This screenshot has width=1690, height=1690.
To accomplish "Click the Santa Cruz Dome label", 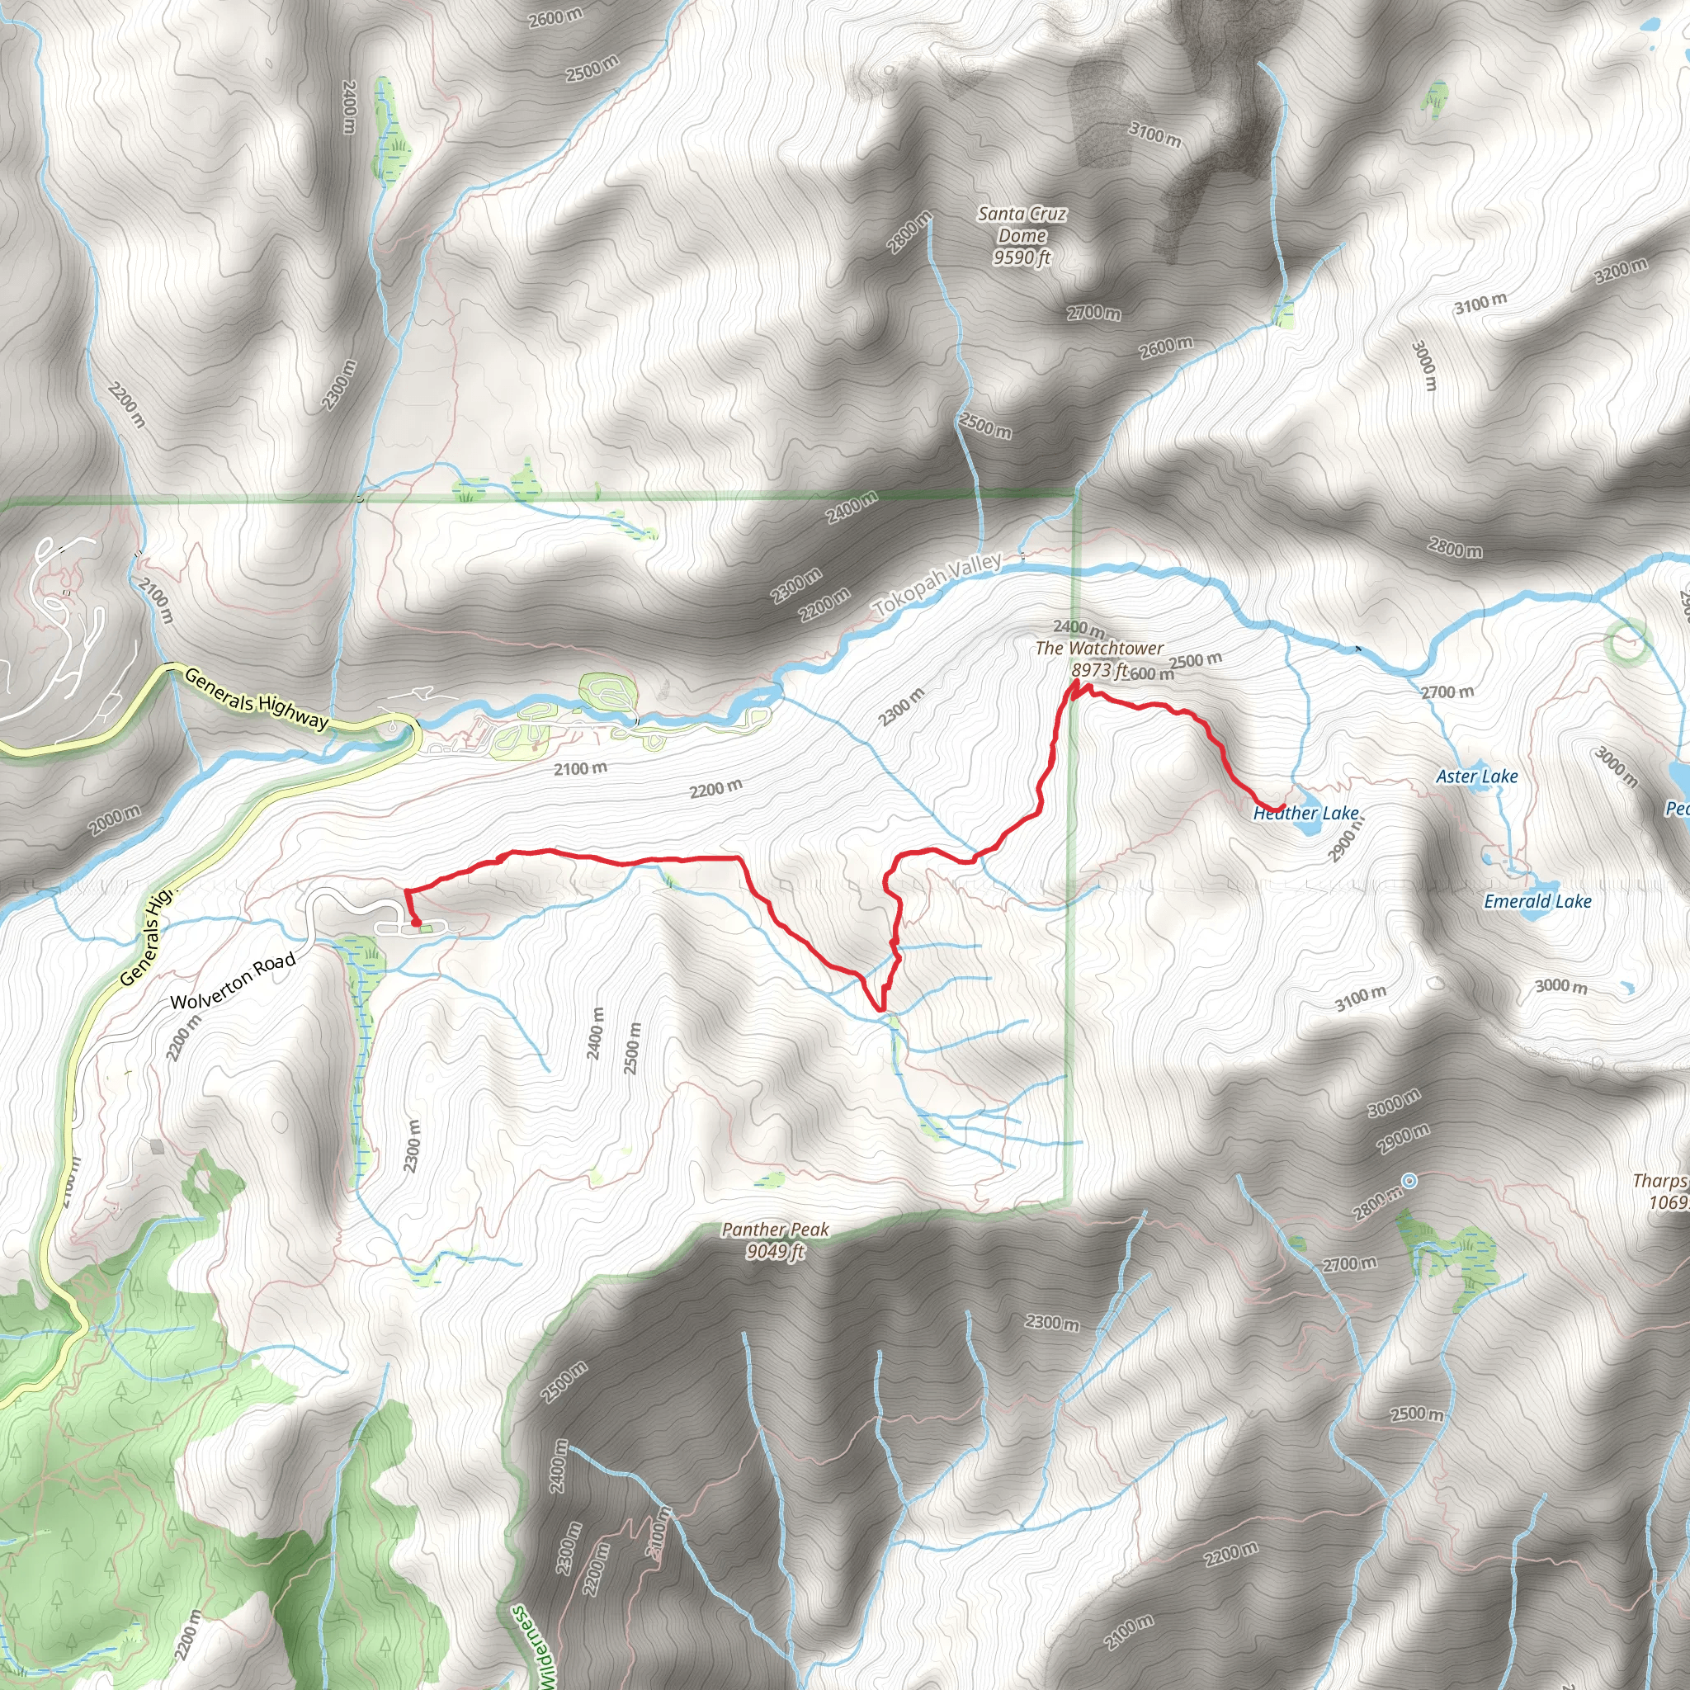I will (1022, 224).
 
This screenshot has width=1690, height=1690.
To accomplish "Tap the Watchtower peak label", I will (1099, 648).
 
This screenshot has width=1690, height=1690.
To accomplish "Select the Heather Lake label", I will (1306, 814).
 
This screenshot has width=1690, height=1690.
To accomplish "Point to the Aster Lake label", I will (1476, 776).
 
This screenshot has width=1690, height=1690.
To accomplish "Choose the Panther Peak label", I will (775, 1230).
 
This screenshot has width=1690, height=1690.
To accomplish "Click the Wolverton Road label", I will (233, 980).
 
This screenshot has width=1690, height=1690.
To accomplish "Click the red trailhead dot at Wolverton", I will (416, 922).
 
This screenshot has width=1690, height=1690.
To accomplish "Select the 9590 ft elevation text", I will (1022, 258).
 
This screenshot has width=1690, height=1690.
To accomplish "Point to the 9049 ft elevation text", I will (775, 1252).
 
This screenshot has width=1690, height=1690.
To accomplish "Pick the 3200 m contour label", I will (1621, 271).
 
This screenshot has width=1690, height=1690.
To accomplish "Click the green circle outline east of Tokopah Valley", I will (1627, 639).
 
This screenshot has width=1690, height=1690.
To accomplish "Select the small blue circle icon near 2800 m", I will (1409, 1182).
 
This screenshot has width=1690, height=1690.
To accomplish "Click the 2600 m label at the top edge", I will (555, 16).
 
